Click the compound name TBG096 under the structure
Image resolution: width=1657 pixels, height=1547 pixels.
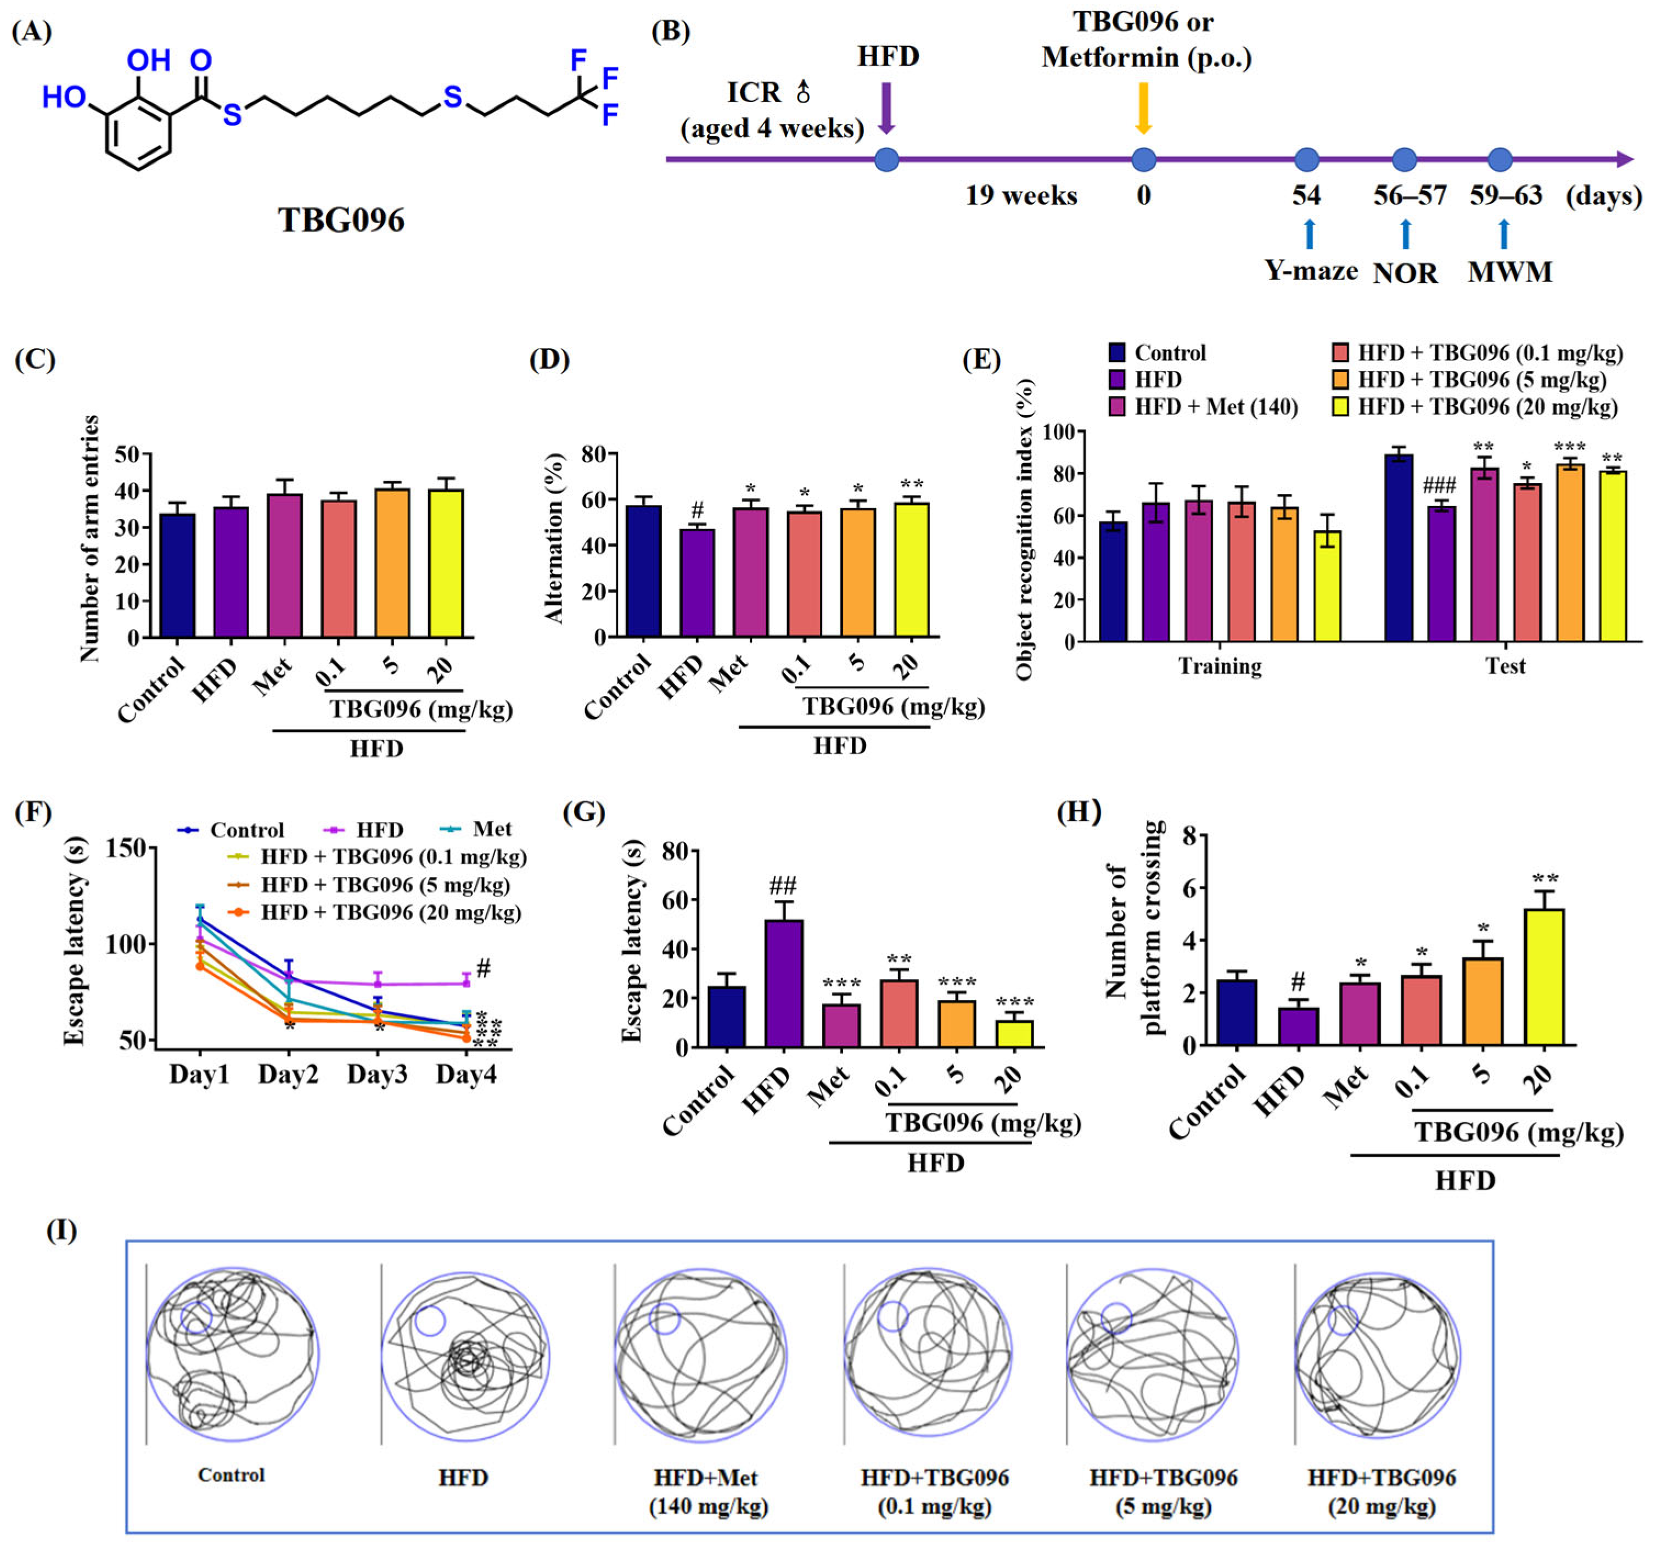(x=341, y=220)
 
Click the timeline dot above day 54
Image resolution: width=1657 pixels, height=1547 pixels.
(x=1307, y=159)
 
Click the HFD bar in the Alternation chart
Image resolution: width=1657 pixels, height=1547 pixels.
(x=697, y=583)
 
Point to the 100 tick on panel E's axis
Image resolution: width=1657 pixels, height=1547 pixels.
(x=1051, y=432)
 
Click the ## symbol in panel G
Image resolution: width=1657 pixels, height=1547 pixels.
(x=783, y=885)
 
